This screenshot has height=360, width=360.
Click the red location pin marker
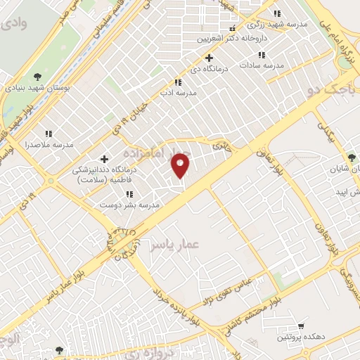(181, 165)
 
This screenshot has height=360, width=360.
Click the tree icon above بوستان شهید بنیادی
(37, 77)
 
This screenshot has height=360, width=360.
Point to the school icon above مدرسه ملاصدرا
(49, 133)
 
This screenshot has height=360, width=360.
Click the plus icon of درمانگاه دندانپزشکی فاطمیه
(105, 159)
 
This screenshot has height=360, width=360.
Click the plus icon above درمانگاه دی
(208, 58)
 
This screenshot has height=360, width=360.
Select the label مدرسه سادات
(261, 65)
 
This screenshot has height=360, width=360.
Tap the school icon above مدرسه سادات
(262, 54)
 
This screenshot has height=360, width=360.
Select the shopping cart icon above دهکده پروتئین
(300, 326)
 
